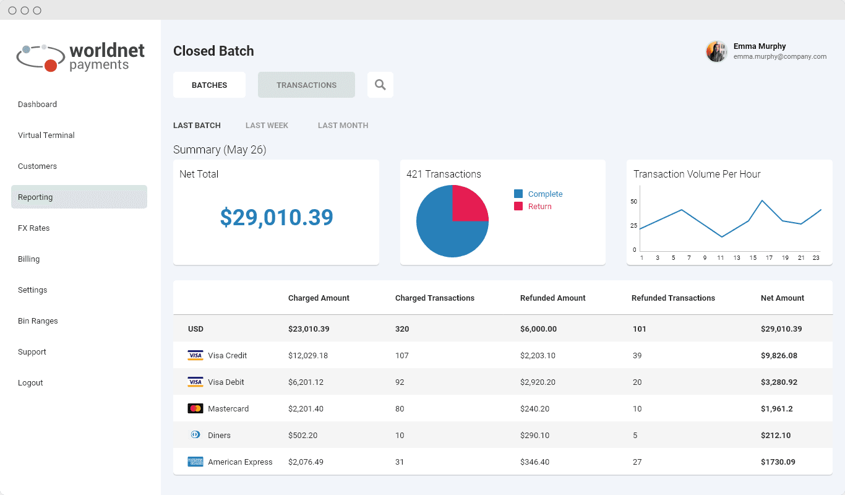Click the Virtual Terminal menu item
click(x=46, y=136)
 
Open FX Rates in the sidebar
click(x=34, y=228)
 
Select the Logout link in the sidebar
click(x=30, y=383)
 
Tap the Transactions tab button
click(x=306, y=85)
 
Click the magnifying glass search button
click(x=380, y=85)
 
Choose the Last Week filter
click(x=267, y=126)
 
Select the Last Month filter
click(x=343, y=126)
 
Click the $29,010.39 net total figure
click(x=277, y=217)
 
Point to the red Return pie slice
click(x=468, y=205)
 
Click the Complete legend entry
click(x=545, y=194)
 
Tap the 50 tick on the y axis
click(x=633, y=202)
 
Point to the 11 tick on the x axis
click(x=721, y=258)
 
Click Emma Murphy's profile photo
click(x=717, y=52)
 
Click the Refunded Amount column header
click(x=552, y=298)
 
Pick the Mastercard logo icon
click(x=195, y=409)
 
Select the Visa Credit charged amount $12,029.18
click(x=308, y=356)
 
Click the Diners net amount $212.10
click(x=776, y=436)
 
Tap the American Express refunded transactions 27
click(x=637, y=462)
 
